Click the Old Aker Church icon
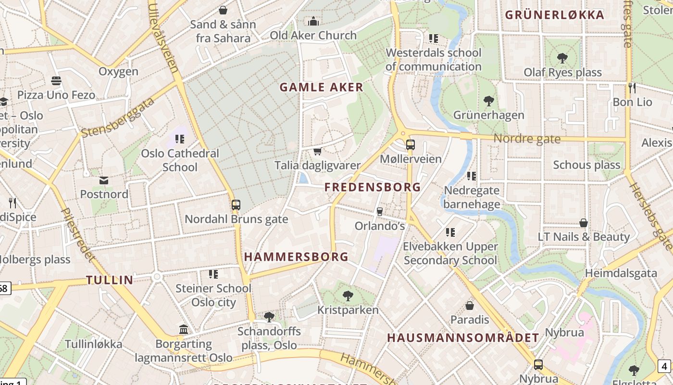(313, 21)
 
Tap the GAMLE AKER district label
(322, 87)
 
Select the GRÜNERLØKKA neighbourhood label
(554, 15)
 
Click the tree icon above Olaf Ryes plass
(562, 58)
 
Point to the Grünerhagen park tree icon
(489, 101)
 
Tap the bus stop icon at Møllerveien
(410, 144)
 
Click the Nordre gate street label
(527, 139)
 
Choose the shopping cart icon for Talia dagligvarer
(317, 152)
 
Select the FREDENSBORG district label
(373, 187)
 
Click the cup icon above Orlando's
(379, 211)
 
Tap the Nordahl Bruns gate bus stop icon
(236, 205)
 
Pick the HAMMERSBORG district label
(296, 257)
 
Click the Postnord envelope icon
(104, 180)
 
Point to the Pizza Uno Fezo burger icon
(56, 80)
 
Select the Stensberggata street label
(118, 117)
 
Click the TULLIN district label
(110, 280)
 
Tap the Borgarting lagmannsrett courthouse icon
(184, 330)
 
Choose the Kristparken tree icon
(348, 295)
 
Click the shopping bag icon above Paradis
(470, 305)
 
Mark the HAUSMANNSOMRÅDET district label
(463, 338)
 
